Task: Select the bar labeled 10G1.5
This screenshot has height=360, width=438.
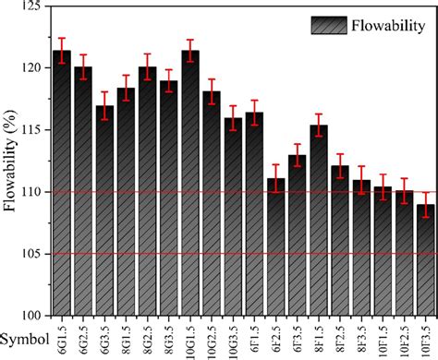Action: (190, 185)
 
